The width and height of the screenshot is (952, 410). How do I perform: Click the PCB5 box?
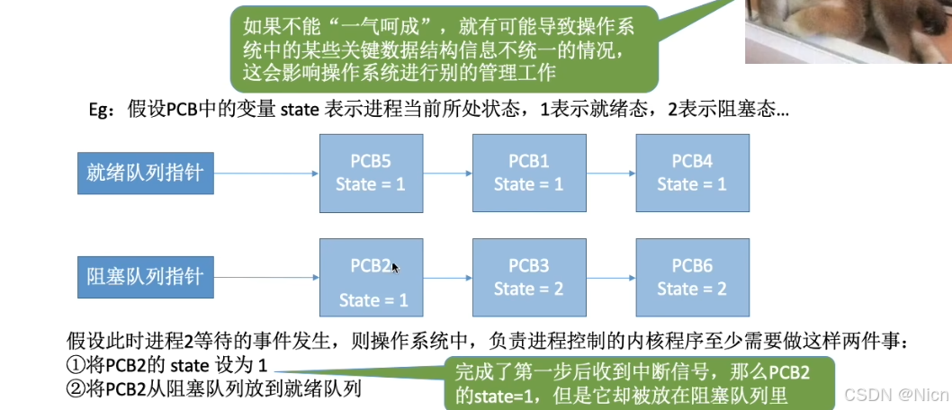[372, 174]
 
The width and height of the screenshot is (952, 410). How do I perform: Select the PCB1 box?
[528, 174]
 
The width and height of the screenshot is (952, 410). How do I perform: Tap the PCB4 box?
[691, 174]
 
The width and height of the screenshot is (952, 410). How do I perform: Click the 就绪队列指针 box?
[144, 174]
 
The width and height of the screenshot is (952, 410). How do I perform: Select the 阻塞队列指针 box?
[144, 277]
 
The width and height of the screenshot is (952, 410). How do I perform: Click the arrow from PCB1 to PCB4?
[609, 173]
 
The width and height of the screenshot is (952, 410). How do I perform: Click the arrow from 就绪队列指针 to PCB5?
[266, 173]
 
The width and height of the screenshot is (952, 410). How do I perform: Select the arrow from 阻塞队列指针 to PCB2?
[266, 277]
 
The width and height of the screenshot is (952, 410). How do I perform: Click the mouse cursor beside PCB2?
[395, 267]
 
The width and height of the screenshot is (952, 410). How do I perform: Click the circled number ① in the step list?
[76, 366]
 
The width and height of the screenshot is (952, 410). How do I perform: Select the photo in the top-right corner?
[848, 31]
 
